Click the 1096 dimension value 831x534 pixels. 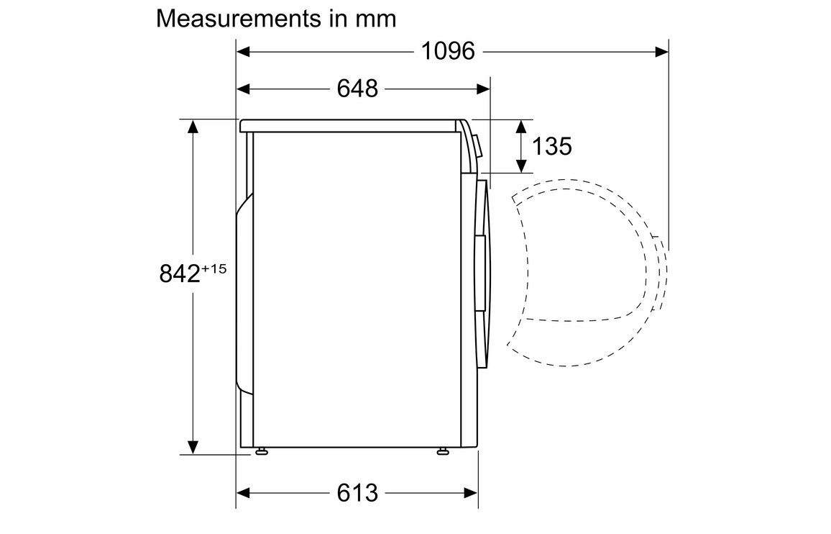tap(448, 52)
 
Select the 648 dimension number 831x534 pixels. tap(357, 89)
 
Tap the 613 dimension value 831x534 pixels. tap(357, 493)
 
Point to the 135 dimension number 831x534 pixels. tap(551, 147)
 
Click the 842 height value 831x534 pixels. tap(180, 274)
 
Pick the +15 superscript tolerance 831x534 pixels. tap(214, 268)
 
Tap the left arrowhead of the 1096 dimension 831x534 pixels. tap(243, 52)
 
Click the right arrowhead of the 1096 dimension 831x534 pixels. tap(661, 52)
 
